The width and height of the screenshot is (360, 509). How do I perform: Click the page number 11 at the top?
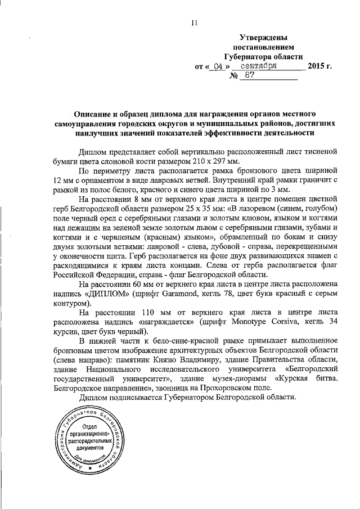click(195, 23)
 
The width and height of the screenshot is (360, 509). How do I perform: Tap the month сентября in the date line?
click(258, 66)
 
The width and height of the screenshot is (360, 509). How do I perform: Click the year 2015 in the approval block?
click(316, 66)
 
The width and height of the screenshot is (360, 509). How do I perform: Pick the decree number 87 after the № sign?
click(250, 76)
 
